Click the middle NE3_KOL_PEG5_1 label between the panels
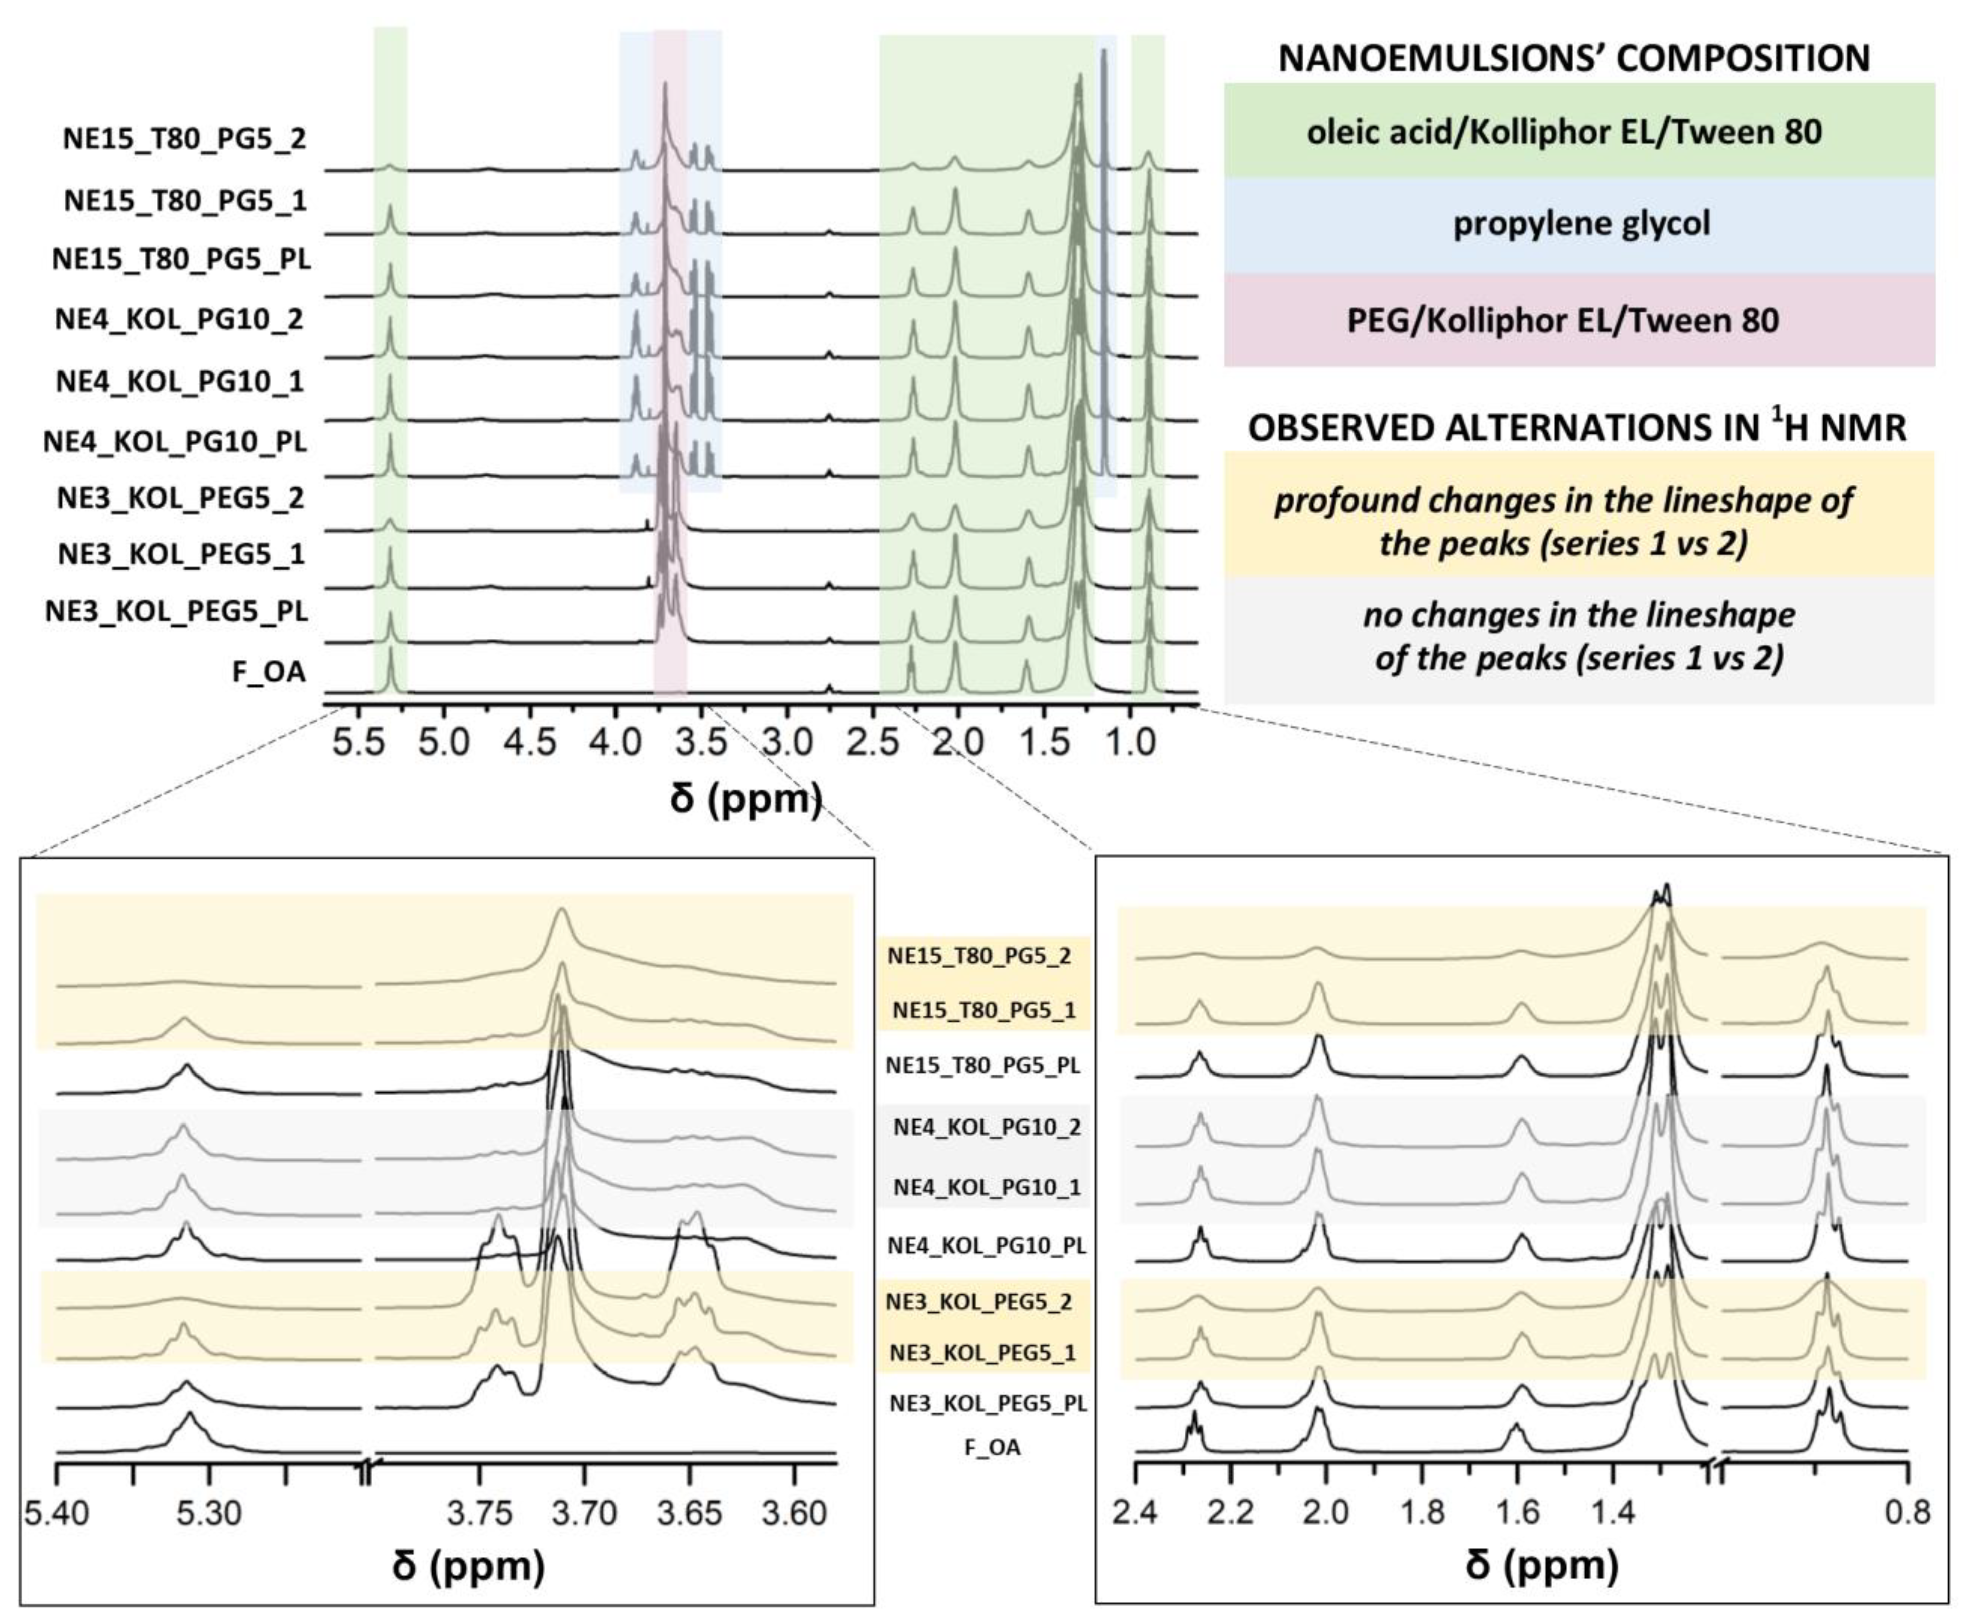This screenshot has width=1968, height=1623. pyautogui.click(x=981, y=1353)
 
